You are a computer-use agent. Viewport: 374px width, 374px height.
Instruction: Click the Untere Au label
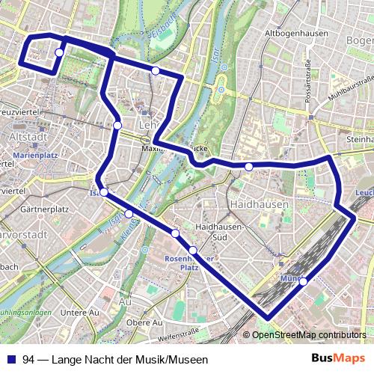(80, 312)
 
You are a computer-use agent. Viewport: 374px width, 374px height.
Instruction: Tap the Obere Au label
(144, 322)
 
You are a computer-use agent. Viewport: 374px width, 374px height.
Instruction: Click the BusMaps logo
(338, 359)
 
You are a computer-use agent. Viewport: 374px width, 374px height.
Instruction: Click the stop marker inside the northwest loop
(58, 52)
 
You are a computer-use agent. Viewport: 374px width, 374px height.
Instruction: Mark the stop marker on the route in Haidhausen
(248, 166)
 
